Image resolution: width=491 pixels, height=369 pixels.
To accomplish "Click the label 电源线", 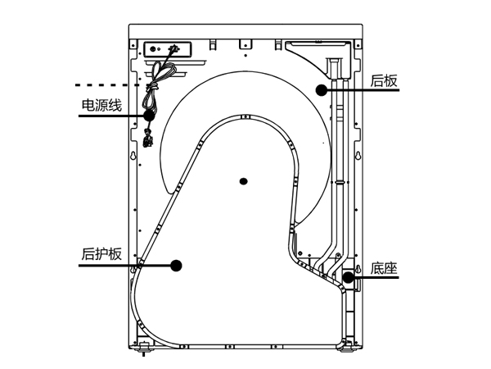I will tap(101, 106).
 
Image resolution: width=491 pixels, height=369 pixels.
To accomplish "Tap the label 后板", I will tap(384, 80).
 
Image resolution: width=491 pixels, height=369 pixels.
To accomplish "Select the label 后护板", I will tap(101, 253).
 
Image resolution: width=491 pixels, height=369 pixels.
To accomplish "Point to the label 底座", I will tap(383, 268).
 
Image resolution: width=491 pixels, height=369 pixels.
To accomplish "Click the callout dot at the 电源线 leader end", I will tap(149, 116).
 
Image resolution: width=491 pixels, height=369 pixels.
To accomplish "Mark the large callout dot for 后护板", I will tap(175, 264).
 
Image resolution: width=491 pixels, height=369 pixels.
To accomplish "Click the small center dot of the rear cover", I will tap(242, 180).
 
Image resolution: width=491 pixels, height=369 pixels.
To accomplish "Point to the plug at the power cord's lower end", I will tap(148, 144).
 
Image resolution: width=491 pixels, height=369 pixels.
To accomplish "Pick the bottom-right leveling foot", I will tap(349, 350).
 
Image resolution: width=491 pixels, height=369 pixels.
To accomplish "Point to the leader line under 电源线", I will tap(110, 116).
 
